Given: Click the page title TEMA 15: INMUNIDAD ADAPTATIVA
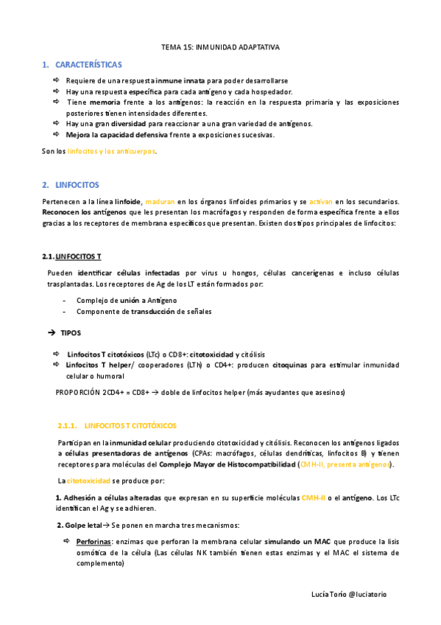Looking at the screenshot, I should coord(220,46).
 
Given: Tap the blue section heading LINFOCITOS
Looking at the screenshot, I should coord(77,184).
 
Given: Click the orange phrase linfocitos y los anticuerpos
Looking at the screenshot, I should coord(111,151).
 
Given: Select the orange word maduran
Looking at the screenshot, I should coord(160,201).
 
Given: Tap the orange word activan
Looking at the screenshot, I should coord(322,201).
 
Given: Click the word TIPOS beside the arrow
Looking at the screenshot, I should coord(71,333).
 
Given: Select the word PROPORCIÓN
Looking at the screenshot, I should coord(79,391).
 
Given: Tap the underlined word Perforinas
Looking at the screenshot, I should coord(94,541).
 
